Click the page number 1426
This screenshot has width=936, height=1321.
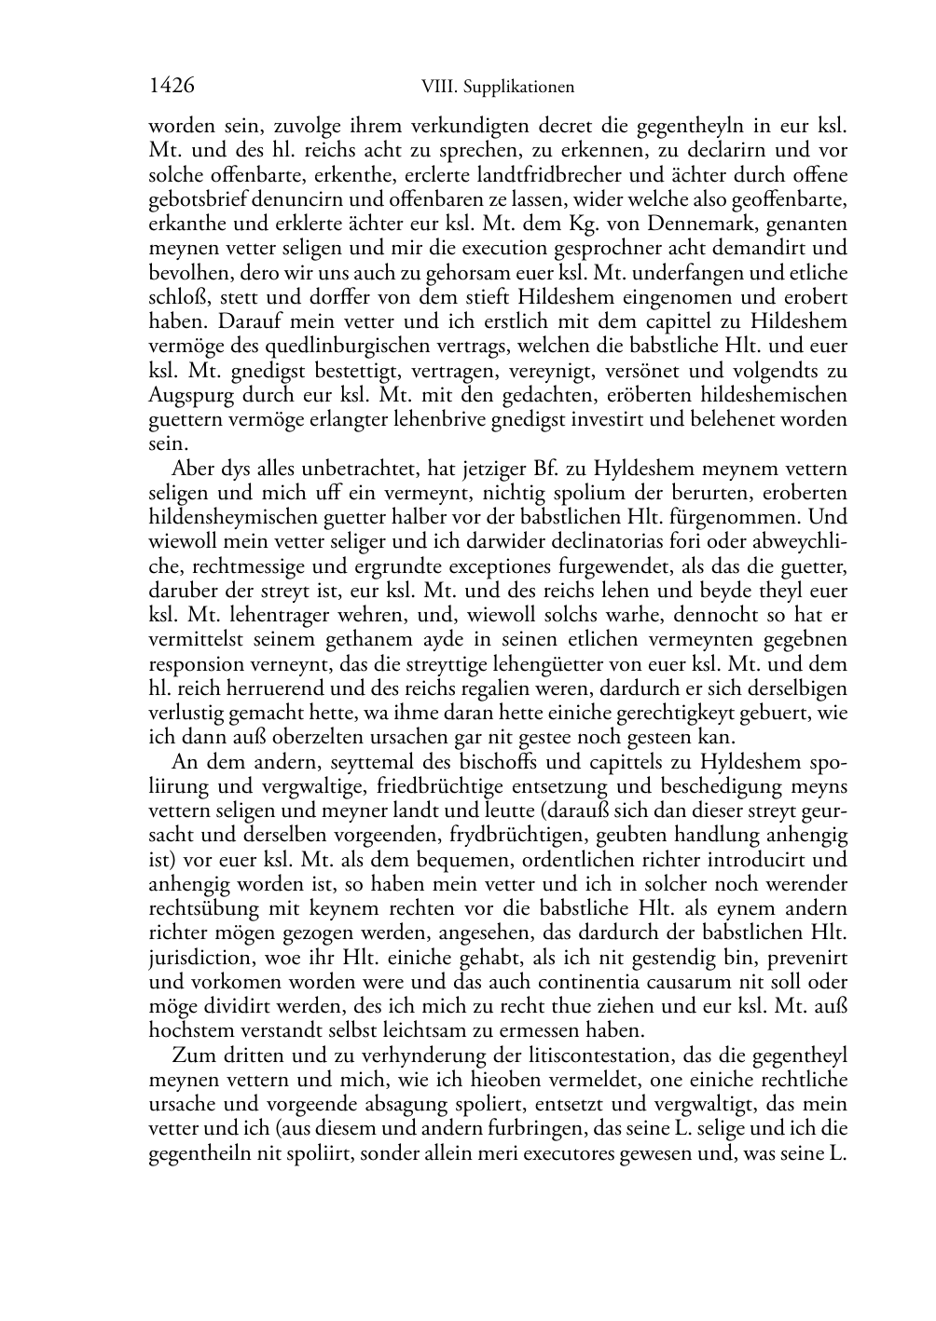(172, 87)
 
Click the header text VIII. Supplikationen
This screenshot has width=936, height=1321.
(498, 88)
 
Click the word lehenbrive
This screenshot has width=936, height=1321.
(481, 419)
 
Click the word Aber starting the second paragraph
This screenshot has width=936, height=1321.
(192, 469)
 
